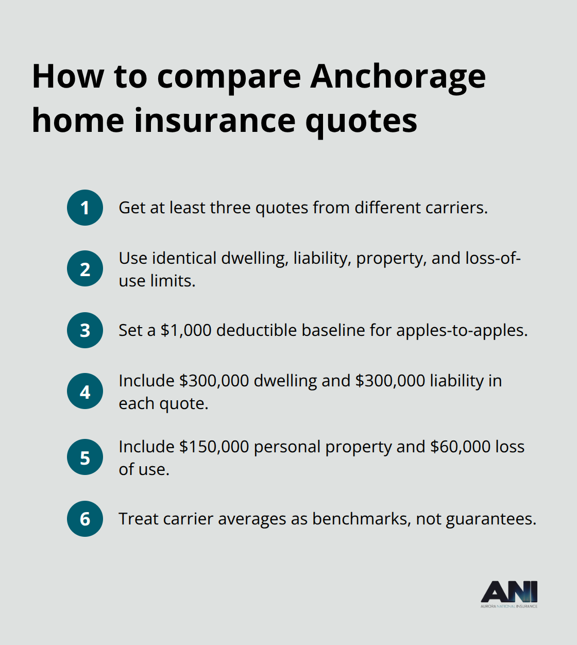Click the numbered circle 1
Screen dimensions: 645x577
(x=85, y=208)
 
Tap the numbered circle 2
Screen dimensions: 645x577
(x=85, y=269)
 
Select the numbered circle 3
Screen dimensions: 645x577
(x=85, y=330)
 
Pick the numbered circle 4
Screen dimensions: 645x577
(x=85, y=392)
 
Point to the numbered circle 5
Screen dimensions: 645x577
(x=85, y=457)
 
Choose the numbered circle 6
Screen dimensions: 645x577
(x=85, y=519)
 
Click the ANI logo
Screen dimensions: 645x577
(x=509, y=594)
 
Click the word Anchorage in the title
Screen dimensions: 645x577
(x=398, y=77)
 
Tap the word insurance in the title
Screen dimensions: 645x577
(x=215, y=121)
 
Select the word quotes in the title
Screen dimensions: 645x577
(x=361, y=122)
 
